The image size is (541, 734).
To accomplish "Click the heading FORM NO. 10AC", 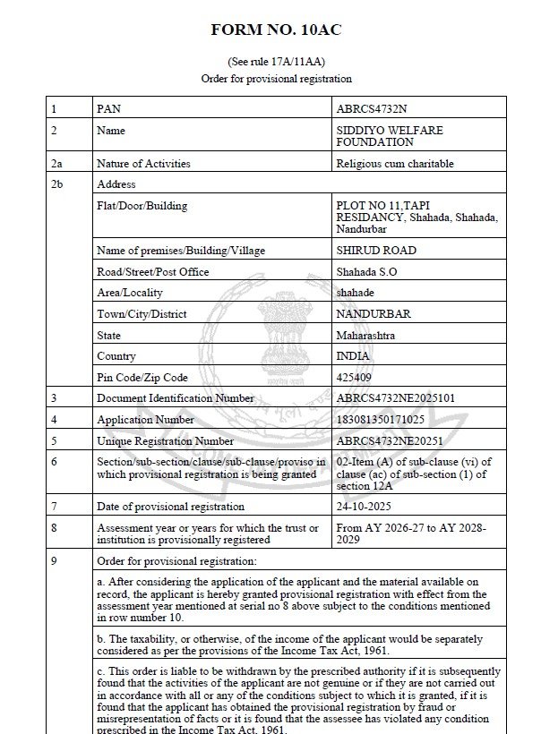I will pyautogui.click(x=276, y=30).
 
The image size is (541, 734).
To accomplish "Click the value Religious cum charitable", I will pyautogui.click(x=395, y=164).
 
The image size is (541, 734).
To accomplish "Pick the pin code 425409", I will pyautogui.click(x=354, y=377).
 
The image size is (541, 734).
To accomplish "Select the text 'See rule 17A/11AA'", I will pyautogui.click(x=276, y=62).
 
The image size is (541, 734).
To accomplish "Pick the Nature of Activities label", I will pyautogui.click(x=143, y=164).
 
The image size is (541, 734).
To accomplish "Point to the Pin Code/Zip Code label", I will pyautogui.click(x=142, y=377).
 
